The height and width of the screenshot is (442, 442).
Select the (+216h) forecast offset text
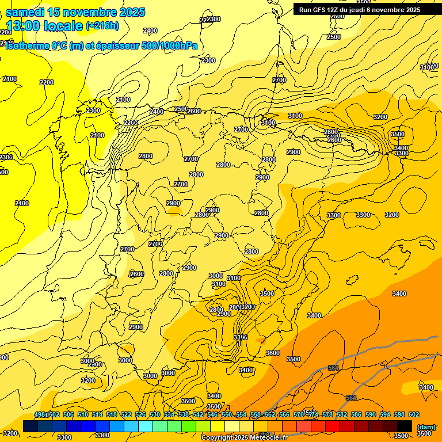(102, 25)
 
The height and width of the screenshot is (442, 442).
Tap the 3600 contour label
(272, 353)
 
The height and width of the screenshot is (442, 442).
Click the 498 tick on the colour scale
(40, 414)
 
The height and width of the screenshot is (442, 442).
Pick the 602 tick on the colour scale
(413, 414)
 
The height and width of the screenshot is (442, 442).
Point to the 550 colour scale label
(227, 414)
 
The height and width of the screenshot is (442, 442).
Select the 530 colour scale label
(155, 414)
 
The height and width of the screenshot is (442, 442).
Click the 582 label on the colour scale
(342, 414)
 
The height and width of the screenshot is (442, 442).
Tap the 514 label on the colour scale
(97, 414)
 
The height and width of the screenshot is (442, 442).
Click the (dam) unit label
(426, 426)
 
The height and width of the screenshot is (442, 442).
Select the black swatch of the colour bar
(405, 426)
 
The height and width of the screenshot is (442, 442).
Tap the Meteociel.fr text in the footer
(265, 438)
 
